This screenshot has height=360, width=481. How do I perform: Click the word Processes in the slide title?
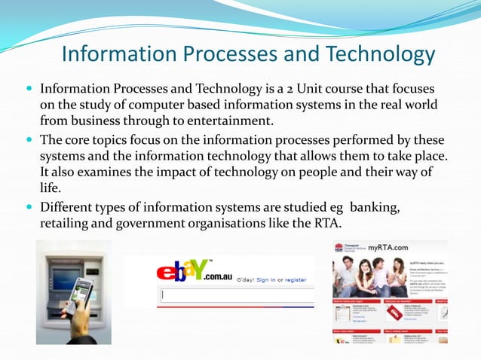pos(226,54)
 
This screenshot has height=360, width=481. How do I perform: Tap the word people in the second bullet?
pos(330,172)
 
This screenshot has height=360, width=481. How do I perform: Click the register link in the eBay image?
pos(296,280)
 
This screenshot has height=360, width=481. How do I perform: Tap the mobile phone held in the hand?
pos(81,294)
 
